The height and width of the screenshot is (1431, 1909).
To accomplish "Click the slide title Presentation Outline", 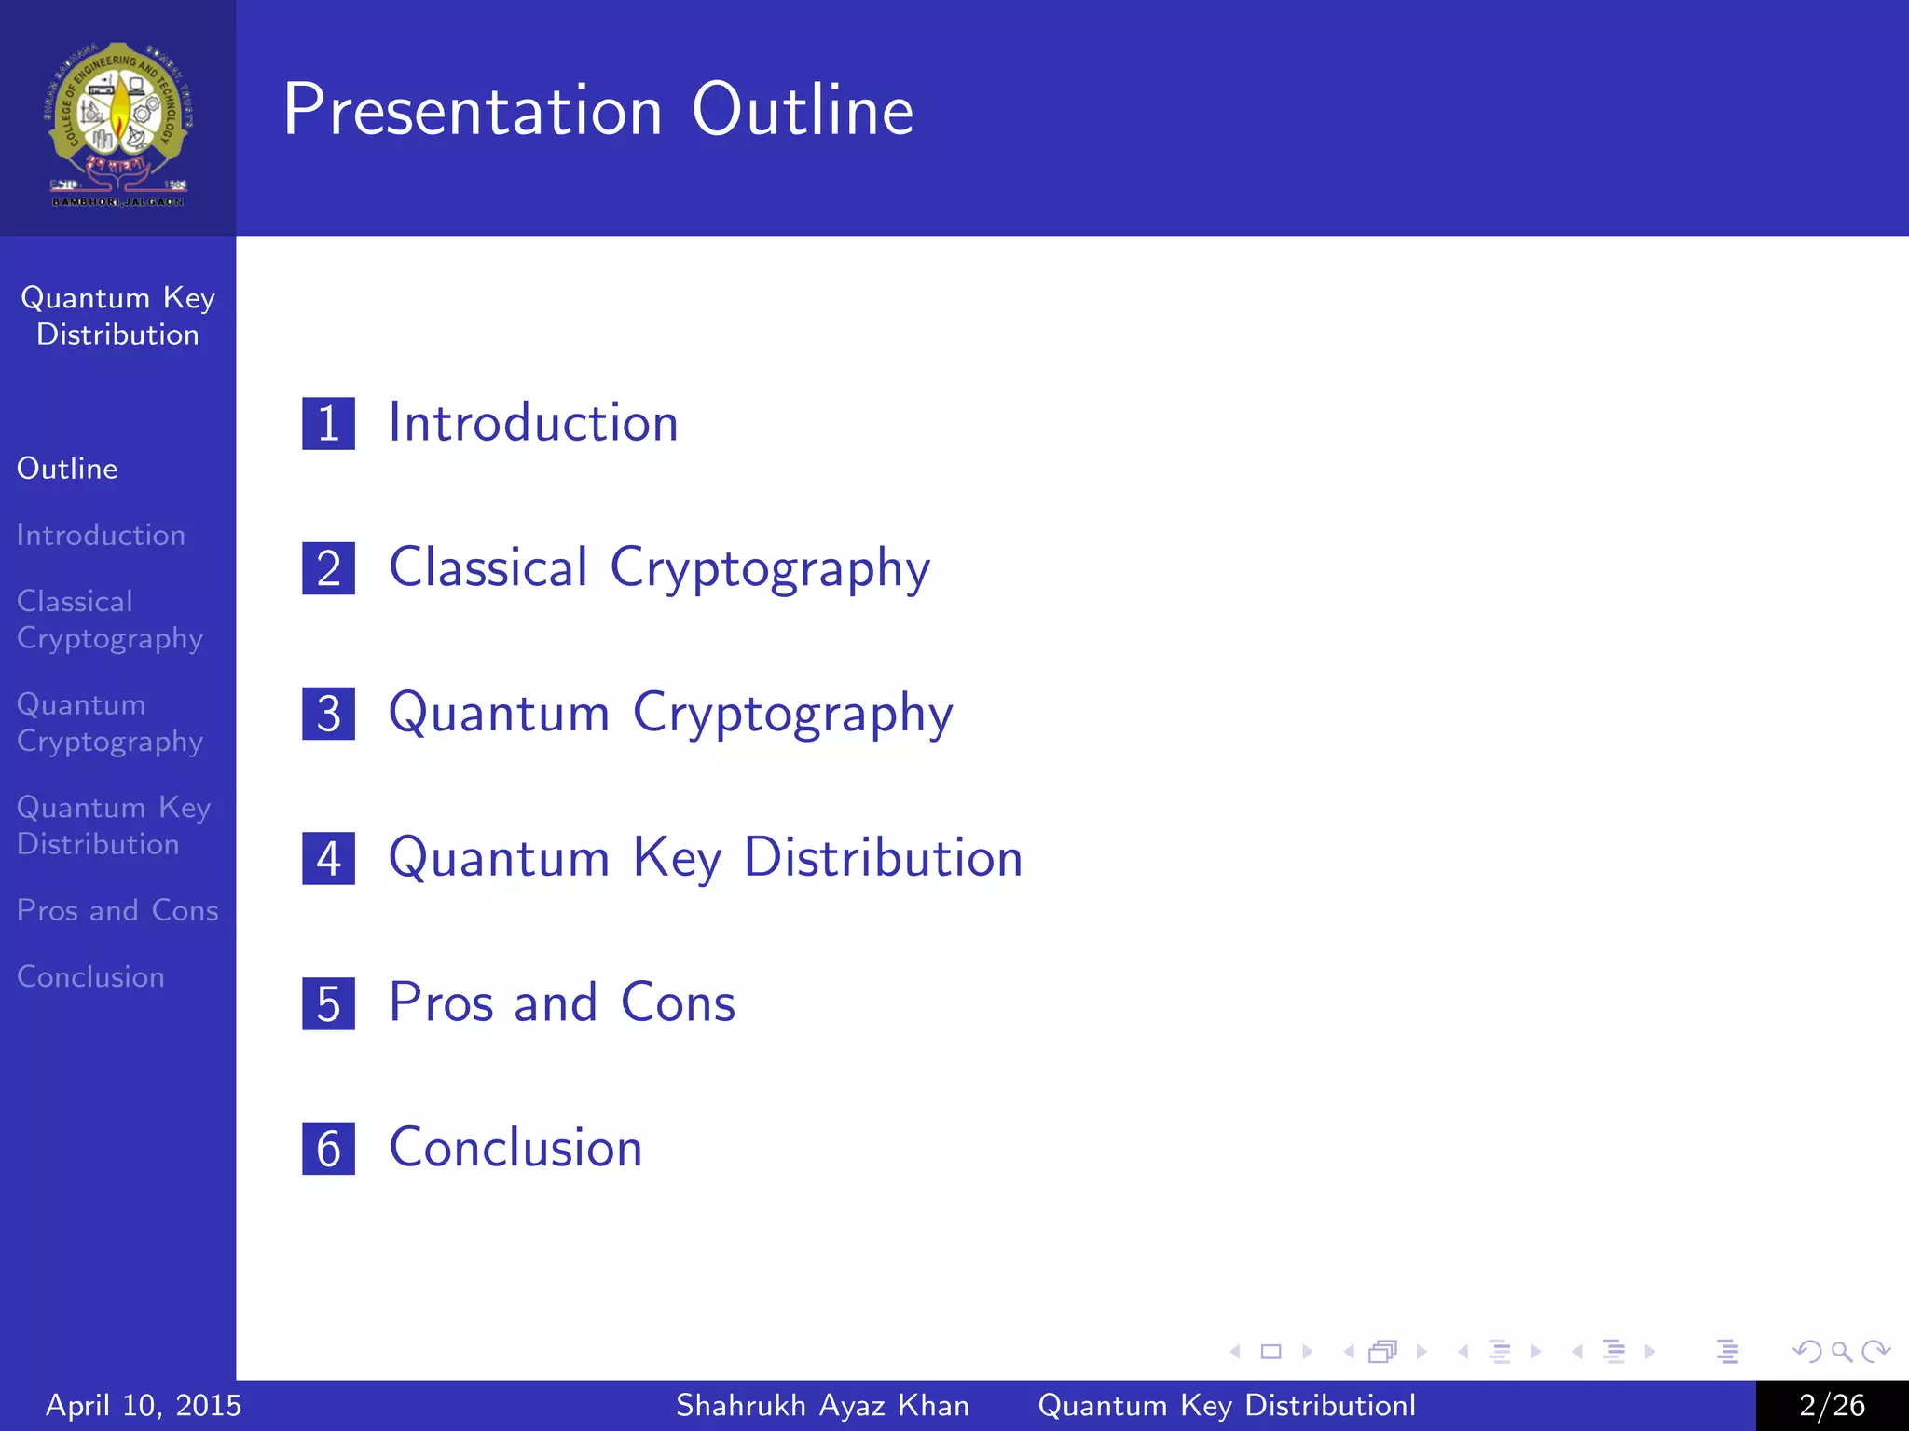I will (x=597, y=110).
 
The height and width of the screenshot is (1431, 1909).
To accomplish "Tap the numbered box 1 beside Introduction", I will (x=328, y=424).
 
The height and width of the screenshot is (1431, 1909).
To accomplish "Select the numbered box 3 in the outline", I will (x=328, y=714).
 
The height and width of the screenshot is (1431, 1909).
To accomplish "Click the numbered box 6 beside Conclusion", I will (x=328, y=1149).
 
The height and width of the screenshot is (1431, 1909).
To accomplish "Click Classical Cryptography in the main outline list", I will (x=659, y=567).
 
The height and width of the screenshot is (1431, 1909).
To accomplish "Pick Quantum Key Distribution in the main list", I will (x=706, y=857).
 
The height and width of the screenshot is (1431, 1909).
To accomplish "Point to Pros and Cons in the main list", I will (x=562, y=1002).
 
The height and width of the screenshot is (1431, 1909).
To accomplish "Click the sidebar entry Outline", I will (x=67, y=469).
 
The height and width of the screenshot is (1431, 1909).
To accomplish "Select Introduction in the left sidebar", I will (x=101, y=535).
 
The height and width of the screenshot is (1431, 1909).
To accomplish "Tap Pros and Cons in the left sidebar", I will (x=117, y=910).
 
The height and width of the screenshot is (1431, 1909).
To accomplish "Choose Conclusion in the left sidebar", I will (x=90, y=976).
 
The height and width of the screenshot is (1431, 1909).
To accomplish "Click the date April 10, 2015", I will (x=144, y=1405).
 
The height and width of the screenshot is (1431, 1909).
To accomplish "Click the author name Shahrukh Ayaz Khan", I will (x=822, y=1405).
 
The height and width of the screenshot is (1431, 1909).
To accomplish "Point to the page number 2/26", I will (x=1832, y=1405).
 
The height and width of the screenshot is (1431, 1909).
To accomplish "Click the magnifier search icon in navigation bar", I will (x=1841, y=1351).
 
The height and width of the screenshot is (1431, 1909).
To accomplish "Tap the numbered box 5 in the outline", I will (x=328, y=1003).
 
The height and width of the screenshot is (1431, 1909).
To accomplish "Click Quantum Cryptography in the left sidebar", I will (x=109, y=723).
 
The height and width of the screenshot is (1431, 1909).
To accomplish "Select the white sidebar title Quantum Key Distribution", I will (x=117, y=316).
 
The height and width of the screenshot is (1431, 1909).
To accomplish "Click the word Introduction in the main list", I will (x=533, y=423).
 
